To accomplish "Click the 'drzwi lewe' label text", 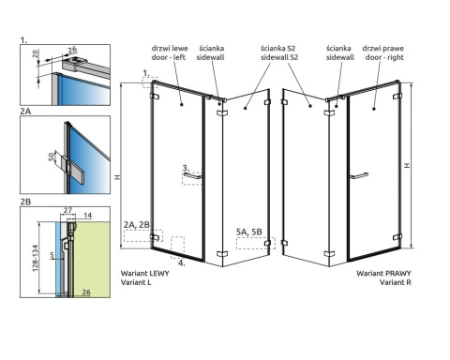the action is click(170, 49).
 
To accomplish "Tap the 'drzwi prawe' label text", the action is click(383, 49).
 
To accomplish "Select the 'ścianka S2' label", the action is click(278, 49).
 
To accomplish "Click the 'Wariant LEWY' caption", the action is click(144, 273).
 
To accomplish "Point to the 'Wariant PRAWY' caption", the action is click(383, 273).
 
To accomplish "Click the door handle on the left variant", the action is click(192, 175).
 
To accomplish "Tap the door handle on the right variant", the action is click(359, 175).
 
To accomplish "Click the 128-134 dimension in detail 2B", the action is click(35, 258).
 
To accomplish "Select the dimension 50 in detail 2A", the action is click(52, 157).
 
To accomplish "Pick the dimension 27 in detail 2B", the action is click(67, 210).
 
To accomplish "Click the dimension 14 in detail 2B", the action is click(87, 215).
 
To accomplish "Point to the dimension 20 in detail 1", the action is click(35, 53).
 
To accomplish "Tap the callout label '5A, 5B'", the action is click(248, 232).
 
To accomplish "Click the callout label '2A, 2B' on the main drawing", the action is click(137, 224).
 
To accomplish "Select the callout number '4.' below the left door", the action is click(182, 262).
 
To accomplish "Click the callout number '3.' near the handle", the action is click(186, 168).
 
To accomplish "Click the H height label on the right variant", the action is click(407, 165).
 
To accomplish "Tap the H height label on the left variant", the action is click(117, 177).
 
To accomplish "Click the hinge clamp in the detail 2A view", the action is click(73, 170).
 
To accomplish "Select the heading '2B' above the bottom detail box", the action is click(25, 202).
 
